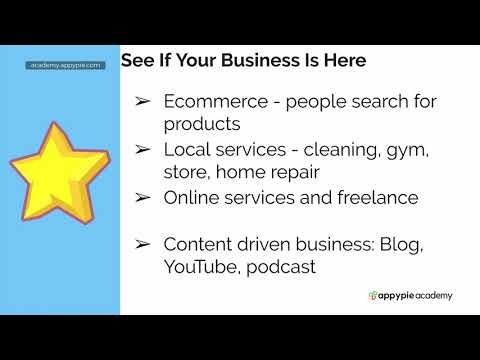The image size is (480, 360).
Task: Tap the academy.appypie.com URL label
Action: point(65,65)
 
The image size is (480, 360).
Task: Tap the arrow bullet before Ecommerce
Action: point(144,101)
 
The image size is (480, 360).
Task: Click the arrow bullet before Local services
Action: point(144,150)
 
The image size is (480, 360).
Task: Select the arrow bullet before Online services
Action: point(144,197)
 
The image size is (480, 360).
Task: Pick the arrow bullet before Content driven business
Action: point(144,244)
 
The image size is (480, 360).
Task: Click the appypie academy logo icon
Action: point(372,295)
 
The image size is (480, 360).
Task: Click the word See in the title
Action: point(137,60)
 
